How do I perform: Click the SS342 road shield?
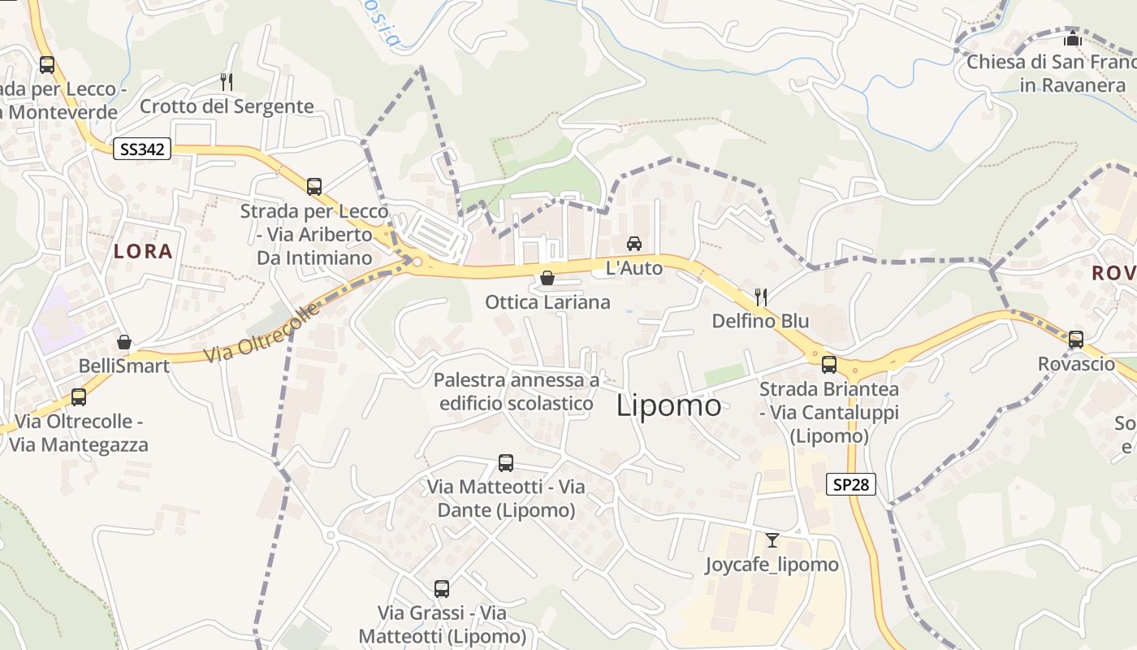click(x=141, y=149)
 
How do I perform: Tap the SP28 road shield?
click(x=851, y=485)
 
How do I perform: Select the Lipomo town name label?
click(x=668, y=405)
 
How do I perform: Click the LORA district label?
click(x=143, y=252)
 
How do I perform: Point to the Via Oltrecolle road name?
click(x=262, y=333)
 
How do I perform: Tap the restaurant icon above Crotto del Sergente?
click(x=227, y=81)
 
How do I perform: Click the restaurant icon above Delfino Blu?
click(x=761, y=297)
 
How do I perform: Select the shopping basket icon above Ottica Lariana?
click(x=547, y=278)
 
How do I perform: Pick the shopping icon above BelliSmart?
click(x=124, y=342)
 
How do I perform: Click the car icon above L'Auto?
click(x=634, y=243)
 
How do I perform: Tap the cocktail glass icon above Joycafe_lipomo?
click(x=772, y=540)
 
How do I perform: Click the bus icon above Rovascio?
click(x=1076, y=339)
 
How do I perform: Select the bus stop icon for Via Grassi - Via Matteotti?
click(x=442, y=588)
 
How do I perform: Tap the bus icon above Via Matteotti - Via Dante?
click(x=506, y=463)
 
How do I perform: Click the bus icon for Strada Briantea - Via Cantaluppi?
click(x=829, y=365)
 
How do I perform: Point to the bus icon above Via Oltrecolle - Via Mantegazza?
click(x=79, y=397)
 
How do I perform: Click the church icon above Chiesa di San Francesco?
click(x=1073, y=38)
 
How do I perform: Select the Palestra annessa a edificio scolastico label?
click(x=517, y=392)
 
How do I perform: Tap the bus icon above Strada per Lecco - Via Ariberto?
click(x=314, y=187)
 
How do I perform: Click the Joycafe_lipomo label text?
click(x=772, y=565)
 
